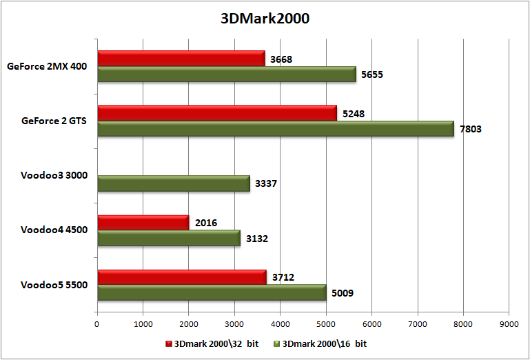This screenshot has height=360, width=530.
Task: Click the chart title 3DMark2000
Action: (x=265, y=19)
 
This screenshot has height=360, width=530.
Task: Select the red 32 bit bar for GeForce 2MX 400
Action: (x=181, y=59)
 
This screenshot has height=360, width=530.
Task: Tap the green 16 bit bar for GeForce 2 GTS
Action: (x=276, y=128)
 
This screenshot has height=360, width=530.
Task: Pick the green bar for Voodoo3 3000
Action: (x=173, y=183)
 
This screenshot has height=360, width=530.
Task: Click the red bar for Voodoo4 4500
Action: (x=143, y=222)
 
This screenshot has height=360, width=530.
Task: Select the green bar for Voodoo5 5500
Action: (x=212, y=293)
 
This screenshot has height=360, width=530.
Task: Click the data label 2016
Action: (x=205, y=223)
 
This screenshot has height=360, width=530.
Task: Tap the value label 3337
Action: (x=267, y=184)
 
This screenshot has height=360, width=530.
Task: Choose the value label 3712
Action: (x=283, y=278)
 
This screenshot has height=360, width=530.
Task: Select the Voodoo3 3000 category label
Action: (x=54, y=175)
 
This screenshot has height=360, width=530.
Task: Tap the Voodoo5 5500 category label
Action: (x=54, y=285)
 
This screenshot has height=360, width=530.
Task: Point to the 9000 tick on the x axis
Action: (x=509, y=323)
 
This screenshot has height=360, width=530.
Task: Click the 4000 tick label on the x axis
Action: (x=280, y=323)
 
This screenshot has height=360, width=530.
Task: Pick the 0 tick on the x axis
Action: (x=97, y=323)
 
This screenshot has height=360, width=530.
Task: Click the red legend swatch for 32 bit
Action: (x=169, y=343)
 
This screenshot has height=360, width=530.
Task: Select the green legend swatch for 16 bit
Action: (x=278, y=343)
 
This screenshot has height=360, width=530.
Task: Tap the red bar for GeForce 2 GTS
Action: (x=216, y=112)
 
